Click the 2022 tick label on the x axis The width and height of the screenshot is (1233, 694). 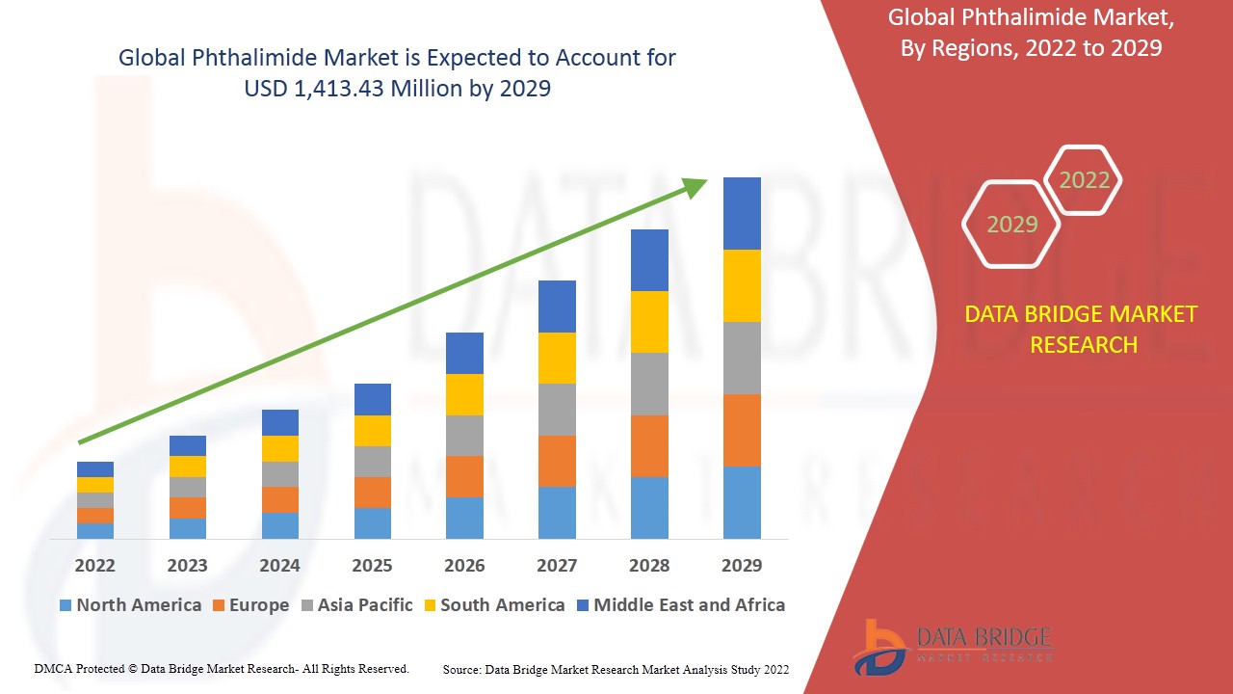[94, 565]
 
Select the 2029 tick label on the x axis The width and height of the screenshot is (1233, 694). [742, 565]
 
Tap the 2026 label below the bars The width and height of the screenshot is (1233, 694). [464, 565]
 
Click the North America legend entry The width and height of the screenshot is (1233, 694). [130, 605]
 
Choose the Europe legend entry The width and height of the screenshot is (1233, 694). [249, 605]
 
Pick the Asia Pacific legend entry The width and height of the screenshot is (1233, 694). [357, 605]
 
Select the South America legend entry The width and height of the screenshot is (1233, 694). [493, 605]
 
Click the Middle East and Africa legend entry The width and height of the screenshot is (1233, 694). [680, 605]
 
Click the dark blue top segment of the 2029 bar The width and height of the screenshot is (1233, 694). [742, 213]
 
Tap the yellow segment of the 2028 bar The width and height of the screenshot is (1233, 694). [649, 322]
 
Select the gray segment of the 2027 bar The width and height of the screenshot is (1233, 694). [557, 410]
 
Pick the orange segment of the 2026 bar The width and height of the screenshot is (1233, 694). [464, 476]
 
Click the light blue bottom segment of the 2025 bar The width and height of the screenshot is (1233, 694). [372, 522]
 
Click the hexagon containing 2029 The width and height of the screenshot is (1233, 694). [1011, 225]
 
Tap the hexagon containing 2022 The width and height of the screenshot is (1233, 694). [1084, 180]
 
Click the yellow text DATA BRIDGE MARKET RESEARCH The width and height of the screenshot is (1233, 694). [1081, 329]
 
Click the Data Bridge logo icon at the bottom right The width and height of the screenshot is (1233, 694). [879, 646]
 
